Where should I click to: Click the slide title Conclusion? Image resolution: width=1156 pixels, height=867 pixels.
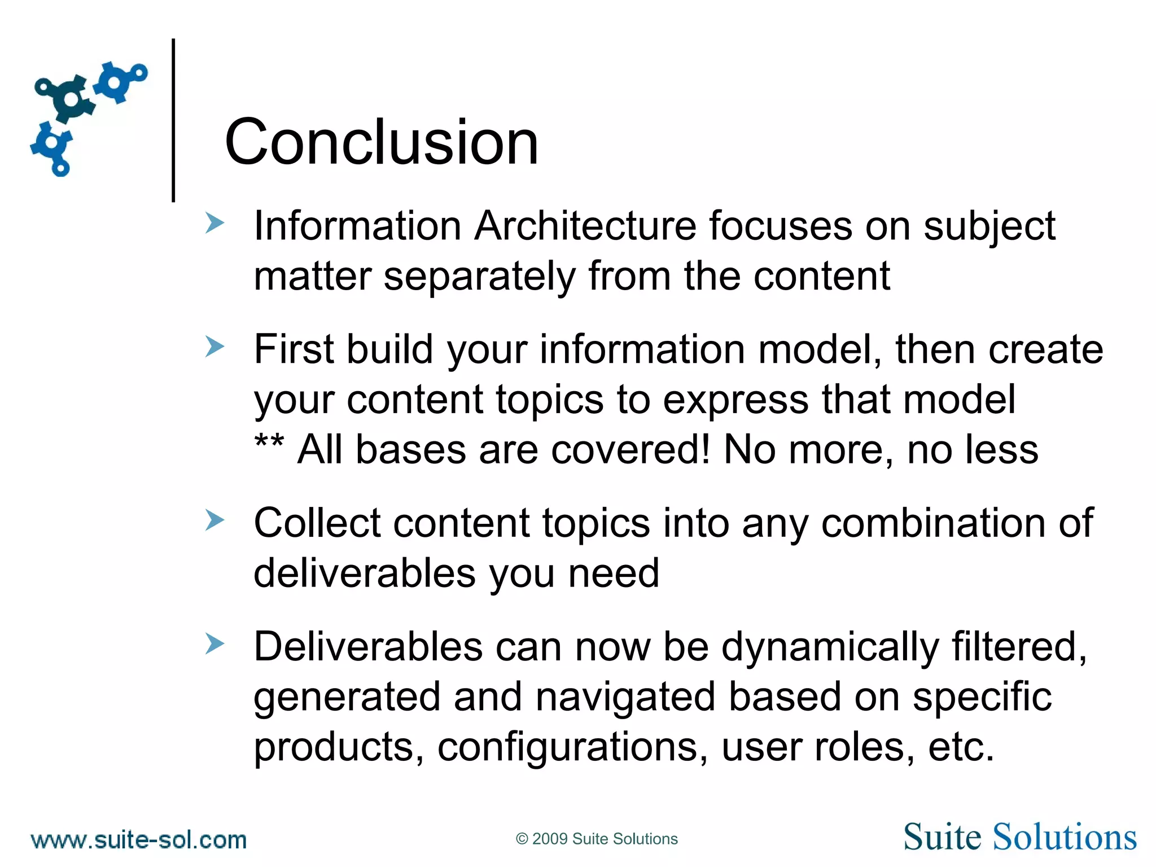click(382, 142)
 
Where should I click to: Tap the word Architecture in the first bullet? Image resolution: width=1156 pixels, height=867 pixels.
click(585, 226)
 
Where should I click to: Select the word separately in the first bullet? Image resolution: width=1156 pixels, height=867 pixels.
click(479, 277)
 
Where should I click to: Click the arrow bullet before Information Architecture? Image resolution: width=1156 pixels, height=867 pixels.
click(214, 223)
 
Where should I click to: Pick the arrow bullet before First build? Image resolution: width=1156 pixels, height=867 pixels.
click(214, 347)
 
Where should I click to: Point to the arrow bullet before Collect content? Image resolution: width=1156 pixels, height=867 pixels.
click(214, 520)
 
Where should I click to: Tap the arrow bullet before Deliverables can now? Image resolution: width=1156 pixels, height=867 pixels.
click(214, 643)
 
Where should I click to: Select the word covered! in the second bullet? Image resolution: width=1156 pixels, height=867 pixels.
click(629, 450)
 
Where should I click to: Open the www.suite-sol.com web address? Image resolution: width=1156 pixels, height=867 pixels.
click(139, 840)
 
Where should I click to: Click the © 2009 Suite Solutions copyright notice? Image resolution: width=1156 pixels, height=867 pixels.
click(597, 839)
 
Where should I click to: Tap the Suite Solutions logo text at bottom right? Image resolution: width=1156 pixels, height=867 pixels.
click(1019, 837)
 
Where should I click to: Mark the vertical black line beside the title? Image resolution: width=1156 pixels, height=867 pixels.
click(173, 120)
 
